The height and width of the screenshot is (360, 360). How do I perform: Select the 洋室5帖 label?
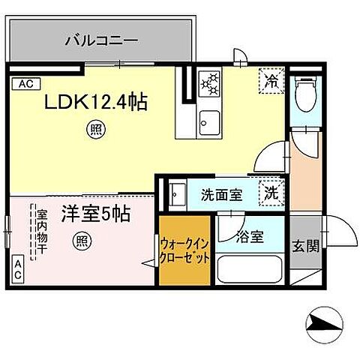[95, 214]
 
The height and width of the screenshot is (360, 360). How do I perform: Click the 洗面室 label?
[220, 195]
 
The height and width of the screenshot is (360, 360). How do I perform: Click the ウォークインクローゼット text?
[184, 251]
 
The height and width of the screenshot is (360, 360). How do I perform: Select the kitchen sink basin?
[208, 120]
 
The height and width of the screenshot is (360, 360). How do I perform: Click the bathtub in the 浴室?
[250, 269]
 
